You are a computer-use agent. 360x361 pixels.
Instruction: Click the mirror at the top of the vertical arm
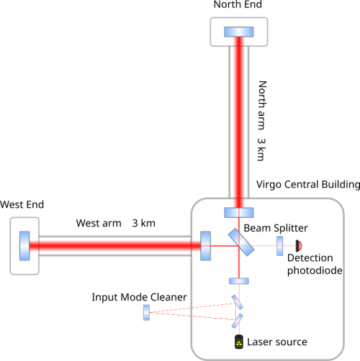click(238, 32)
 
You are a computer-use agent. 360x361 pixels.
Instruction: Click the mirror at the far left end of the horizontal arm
click(24, 245)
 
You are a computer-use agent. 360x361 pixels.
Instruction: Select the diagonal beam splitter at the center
click(241, 242)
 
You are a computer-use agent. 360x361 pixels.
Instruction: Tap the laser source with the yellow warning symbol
click(238, 342)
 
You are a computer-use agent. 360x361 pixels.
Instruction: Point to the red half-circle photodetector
click(298, 245)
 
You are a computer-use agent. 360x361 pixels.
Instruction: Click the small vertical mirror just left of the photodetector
click(280, 245)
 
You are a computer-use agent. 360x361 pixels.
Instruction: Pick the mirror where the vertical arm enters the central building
click(238, 212)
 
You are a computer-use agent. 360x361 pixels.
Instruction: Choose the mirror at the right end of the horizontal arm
click(206, 245)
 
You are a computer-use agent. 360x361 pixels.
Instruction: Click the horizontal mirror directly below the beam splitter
click(238, 281)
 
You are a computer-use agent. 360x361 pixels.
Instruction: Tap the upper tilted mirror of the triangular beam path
click(237, 302)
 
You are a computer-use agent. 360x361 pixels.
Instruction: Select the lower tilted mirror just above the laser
click(237, 321)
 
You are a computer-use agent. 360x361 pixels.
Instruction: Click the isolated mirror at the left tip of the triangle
click(146, 312)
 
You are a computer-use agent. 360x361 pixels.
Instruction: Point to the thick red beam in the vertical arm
click(238, 122)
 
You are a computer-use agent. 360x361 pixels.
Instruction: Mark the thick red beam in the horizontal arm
click(115, 245)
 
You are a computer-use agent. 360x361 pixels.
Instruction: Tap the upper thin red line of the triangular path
click(191, 307)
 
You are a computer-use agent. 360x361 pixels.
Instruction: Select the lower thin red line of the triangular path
click(191, 316)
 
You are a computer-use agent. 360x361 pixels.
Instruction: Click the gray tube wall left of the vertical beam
click(229, 122)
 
